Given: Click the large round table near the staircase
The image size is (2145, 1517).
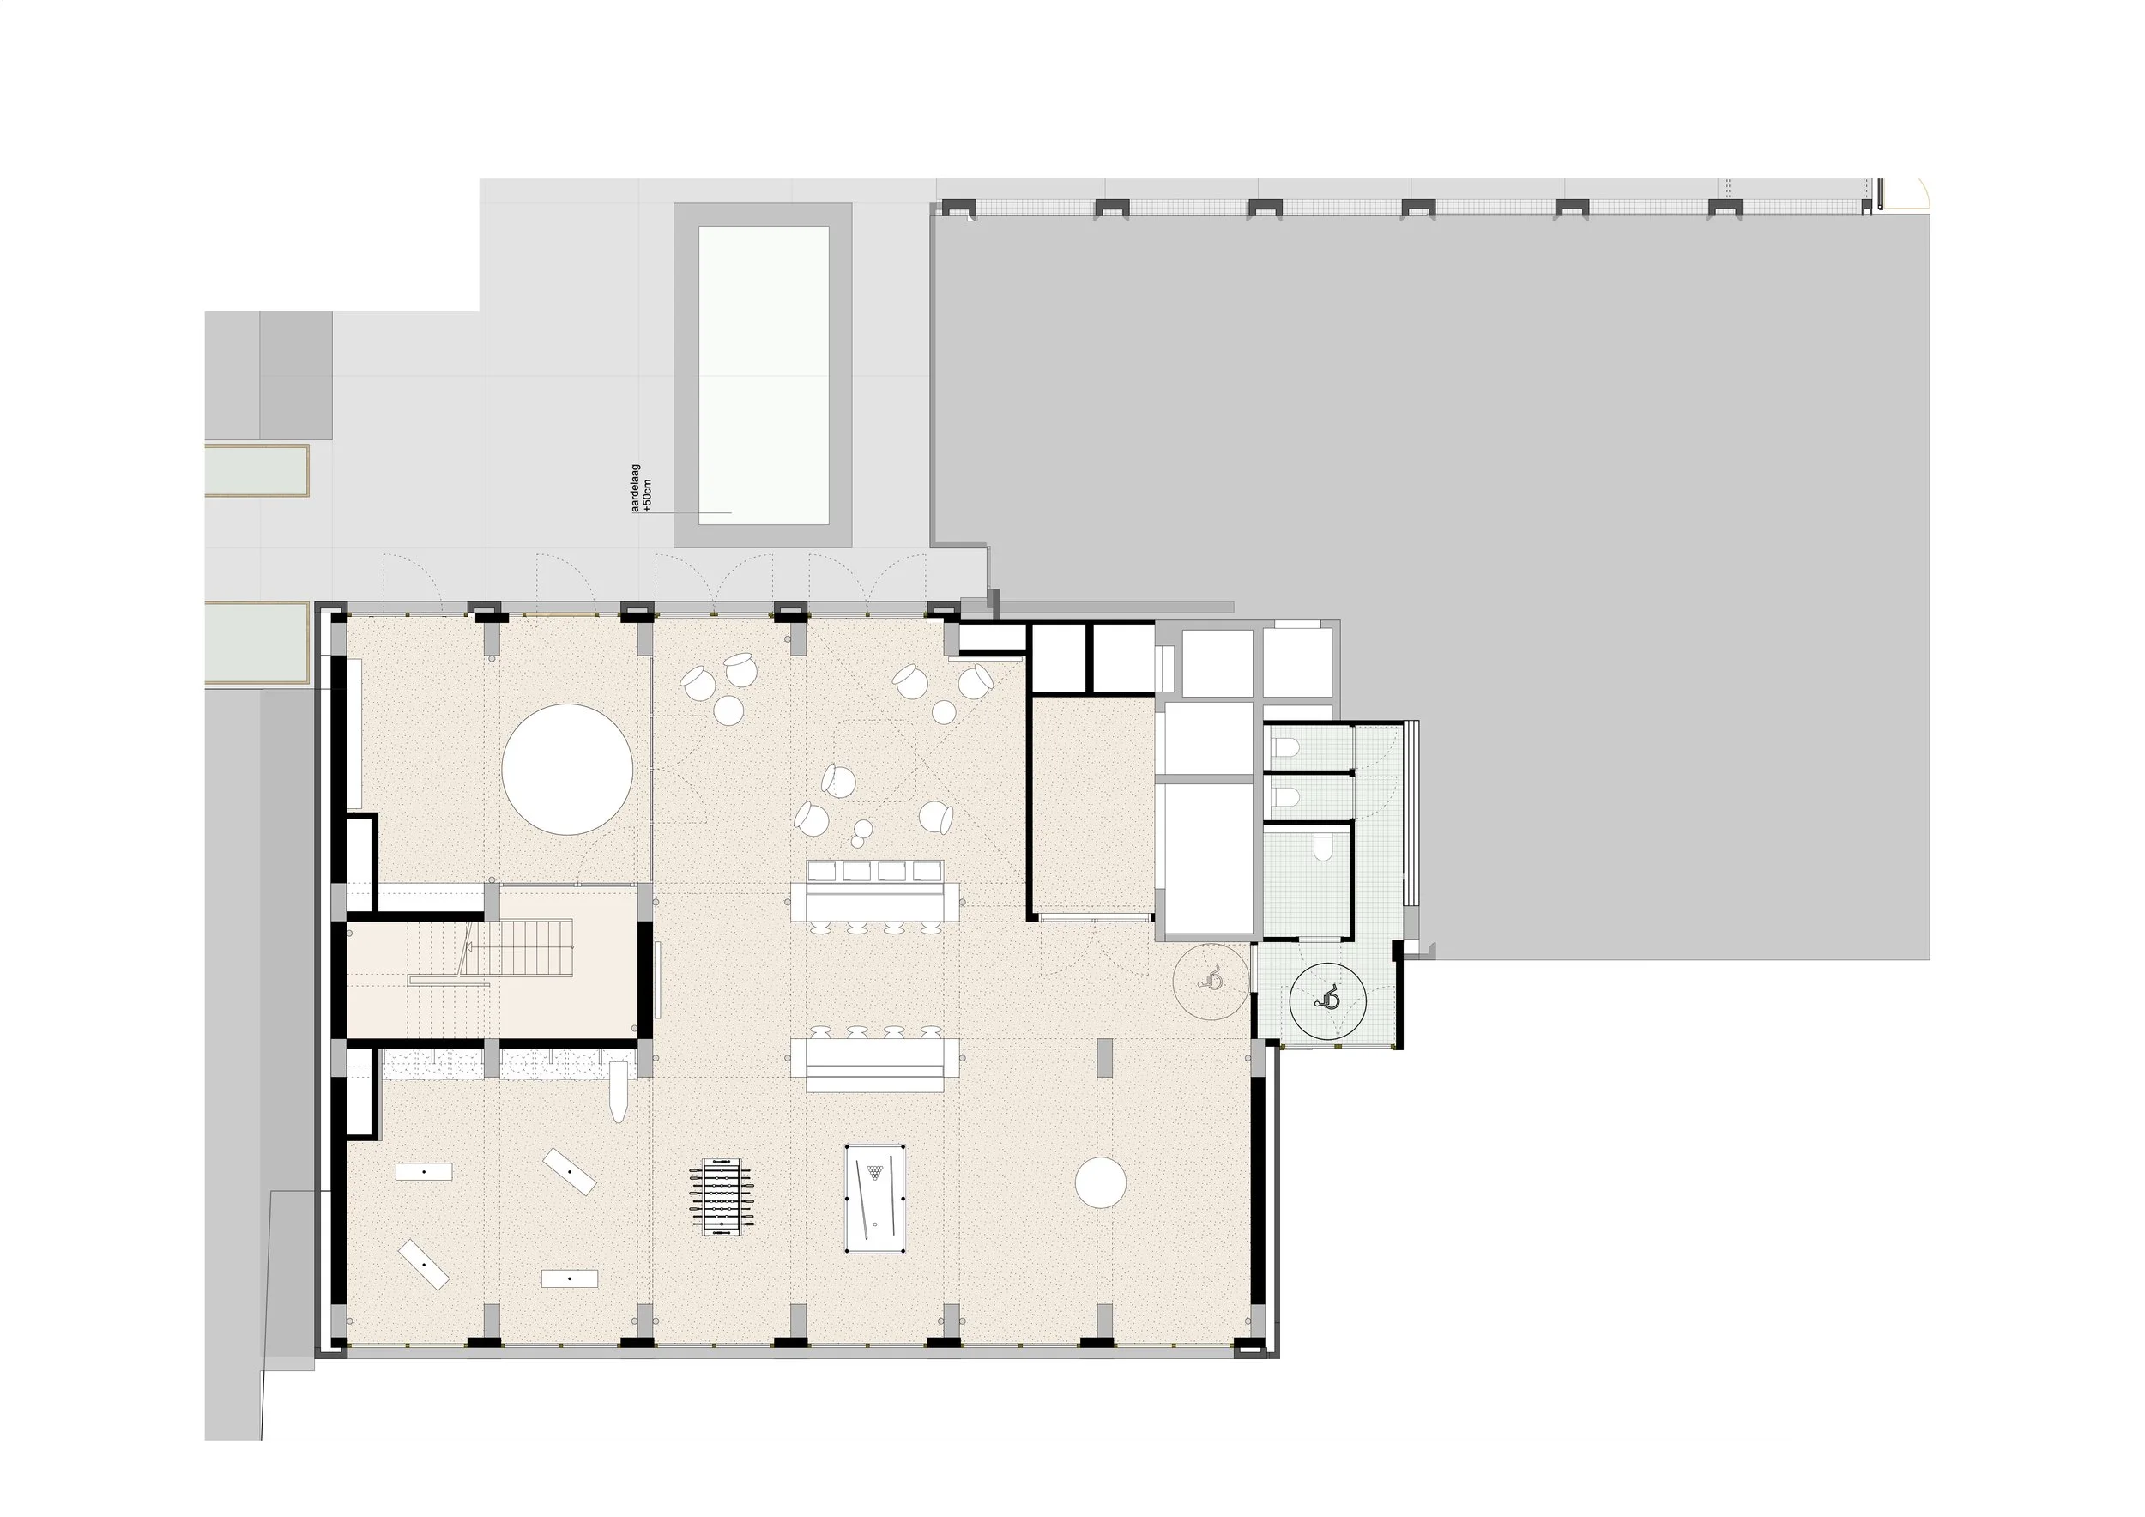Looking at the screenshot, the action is click(567, 769).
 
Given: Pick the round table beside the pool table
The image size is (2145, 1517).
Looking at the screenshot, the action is click(1101, 1182).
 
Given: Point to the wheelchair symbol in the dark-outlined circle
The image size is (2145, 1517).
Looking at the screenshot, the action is click(1327, 1000).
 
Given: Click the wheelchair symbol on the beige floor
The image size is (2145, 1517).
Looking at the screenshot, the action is click(1212, 979).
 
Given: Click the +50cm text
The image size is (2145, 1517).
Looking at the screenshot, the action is click(649, 494).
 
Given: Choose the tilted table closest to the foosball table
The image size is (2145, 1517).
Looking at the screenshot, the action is click(570, 1171).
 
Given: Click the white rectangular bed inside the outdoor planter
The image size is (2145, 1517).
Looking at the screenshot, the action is click(764, 375).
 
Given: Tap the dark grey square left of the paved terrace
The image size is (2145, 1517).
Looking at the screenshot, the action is click(296, 376).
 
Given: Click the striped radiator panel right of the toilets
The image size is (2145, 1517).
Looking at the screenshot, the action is click(1411, 813).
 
